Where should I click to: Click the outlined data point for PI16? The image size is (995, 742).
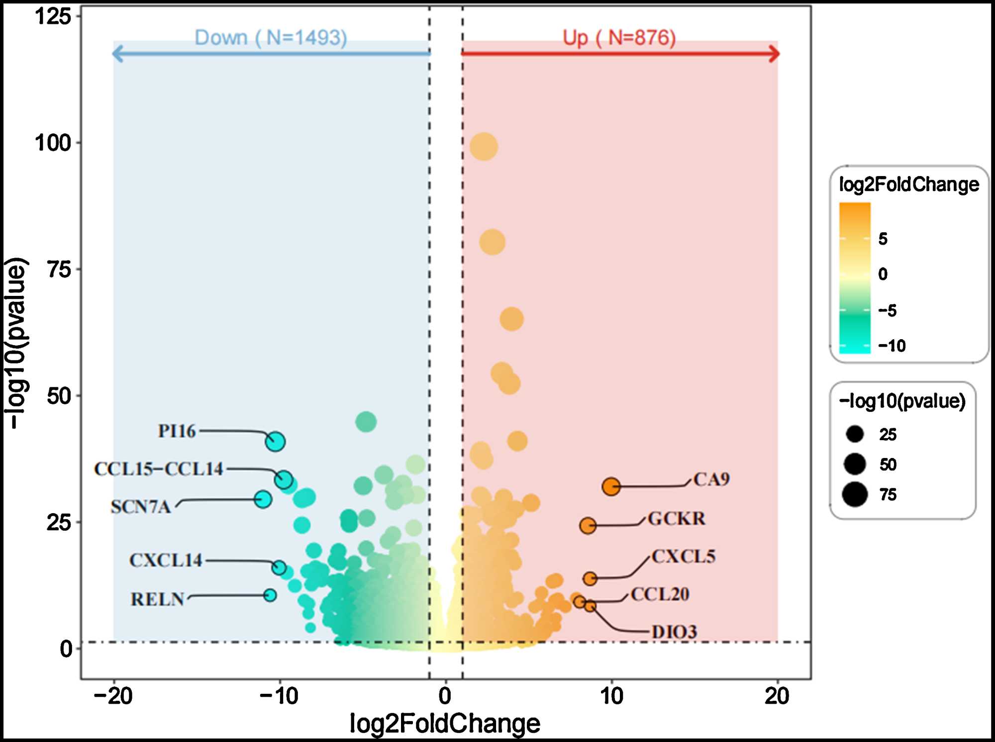[x=275, y=441]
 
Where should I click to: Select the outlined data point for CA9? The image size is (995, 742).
[x=611, y=486]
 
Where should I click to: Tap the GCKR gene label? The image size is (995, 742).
[x=677, y=519]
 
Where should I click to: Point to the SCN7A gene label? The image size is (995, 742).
[x=141, y=507]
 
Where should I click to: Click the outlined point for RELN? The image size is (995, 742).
[x=270, y=595]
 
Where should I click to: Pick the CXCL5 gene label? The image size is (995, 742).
[x=684, y=556]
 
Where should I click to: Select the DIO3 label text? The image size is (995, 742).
[x=675, y=632]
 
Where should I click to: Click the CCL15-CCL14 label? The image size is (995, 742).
[x=159, y=469]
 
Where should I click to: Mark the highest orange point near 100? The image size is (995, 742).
[x=484, y=147]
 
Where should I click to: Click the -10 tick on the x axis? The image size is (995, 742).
[x=279, y=696]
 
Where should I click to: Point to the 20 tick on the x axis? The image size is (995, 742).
[x=777, y=696]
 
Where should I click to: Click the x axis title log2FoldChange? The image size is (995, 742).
[x=445, y=723]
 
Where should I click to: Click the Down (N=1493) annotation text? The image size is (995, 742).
[x=271, y=38]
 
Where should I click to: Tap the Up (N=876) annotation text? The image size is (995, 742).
[x=619, y=38]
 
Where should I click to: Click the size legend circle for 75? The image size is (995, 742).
[x=855, y=494]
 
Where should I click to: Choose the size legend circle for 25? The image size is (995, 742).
[x=855, y=434]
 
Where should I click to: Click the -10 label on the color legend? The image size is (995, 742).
[x=892, y=346]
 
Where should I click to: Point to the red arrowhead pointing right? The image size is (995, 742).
[x=774, y=54]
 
